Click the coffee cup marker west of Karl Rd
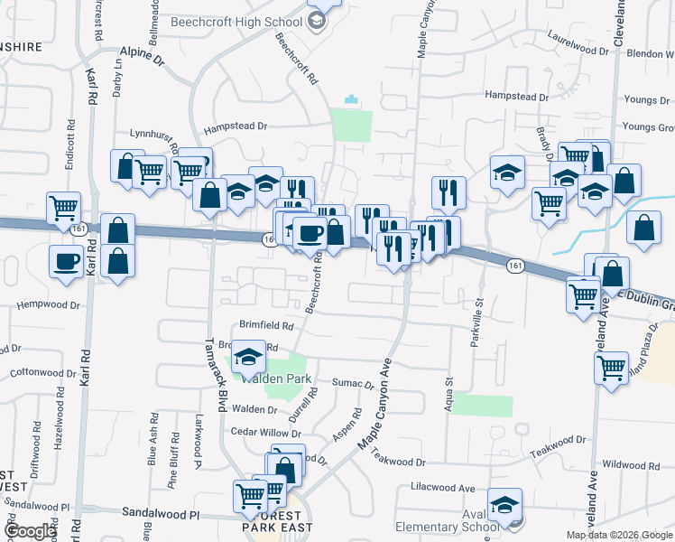click(68, 262)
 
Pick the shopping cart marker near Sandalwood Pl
click(250, 495)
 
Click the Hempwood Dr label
click(49, 305)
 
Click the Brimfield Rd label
click(267, 325)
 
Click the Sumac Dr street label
click(353, 385)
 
